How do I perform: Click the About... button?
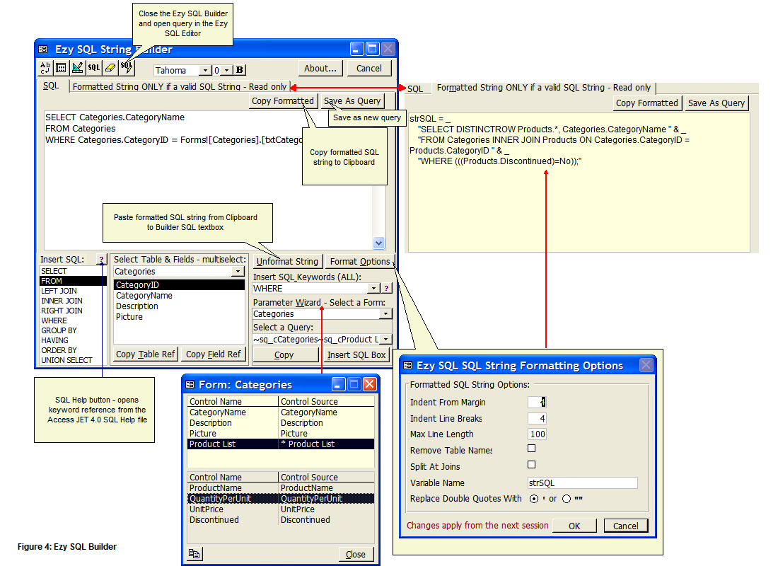[x=320, y=69]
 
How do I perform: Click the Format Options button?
[x=360, y=262]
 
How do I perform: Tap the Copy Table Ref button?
[x=146, y=354]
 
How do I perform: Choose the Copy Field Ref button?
[x=214, y=354]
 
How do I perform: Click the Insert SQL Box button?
[x=356, y=355]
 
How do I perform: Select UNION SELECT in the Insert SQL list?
[x=66, y=360]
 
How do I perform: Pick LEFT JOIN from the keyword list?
[x=59, y=291]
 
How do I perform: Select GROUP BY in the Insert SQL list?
[x=59, y=330]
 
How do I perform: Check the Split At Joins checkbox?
[x=531, y=465]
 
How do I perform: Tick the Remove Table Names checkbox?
[x=531, y=449]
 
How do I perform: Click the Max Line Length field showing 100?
[x=538, y=434]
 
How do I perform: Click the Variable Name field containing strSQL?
[x=583, y=483]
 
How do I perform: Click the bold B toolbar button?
[x=240, y=70]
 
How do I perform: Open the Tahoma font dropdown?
[x=205, y=71]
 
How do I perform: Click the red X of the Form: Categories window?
[x=370, y=384]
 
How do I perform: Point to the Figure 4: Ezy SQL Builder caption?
[x=67, y=547]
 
